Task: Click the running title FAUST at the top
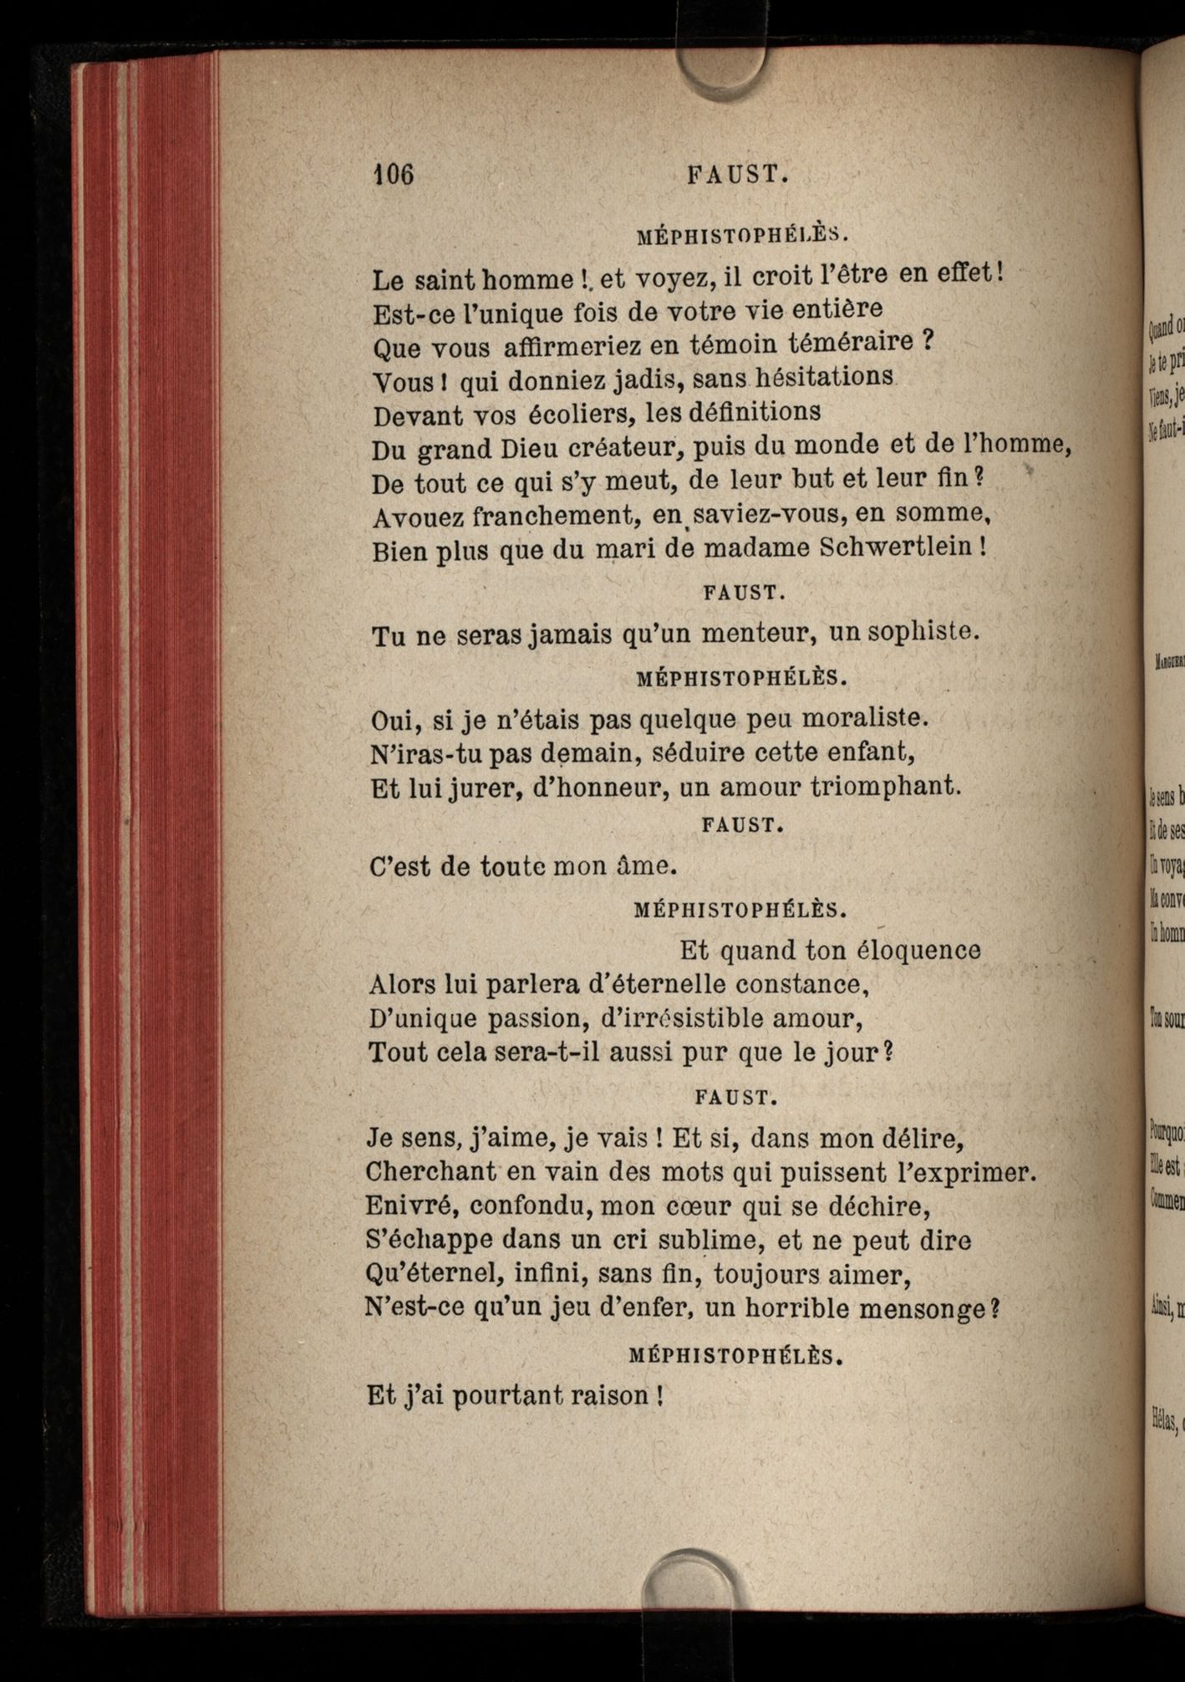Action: (737, 175)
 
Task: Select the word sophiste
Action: (923, 632)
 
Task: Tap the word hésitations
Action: (824, 377)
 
